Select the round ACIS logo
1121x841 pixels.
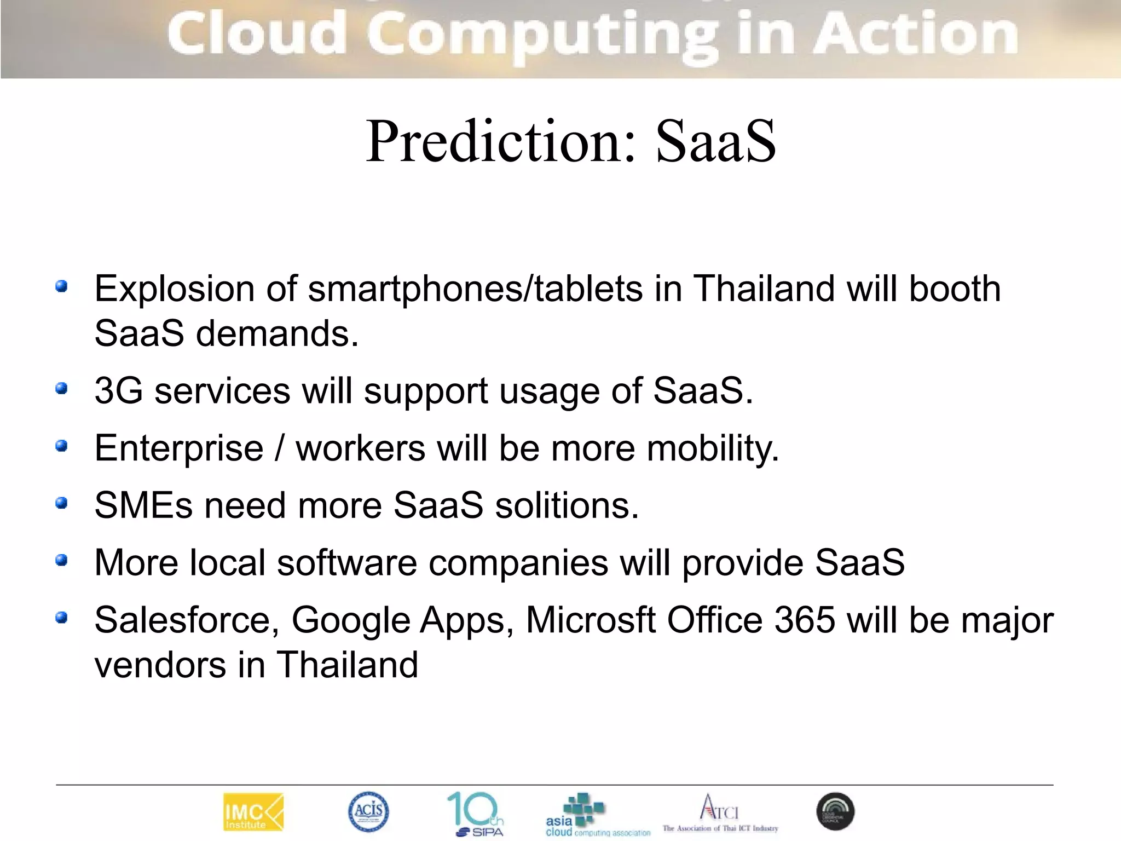pos(368,811)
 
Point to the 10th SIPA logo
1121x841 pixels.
pos(476,814)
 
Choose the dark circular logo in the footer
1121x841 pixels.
pos(835,811)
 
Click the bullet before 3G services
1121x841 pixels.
pos(62,389)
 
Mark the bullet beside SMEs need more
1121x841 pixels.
pos(62,503)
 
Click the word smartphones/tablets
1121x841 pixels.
pos(475,289)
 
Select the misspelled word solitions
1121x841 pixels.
pos(567,505)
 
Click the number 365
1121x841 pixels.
pos(805,620)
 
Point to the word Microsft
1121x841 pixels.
pos(590,620)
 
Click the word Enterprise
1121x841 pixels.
pos(179,448)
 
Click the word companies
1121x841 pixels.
pos(518,562)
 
